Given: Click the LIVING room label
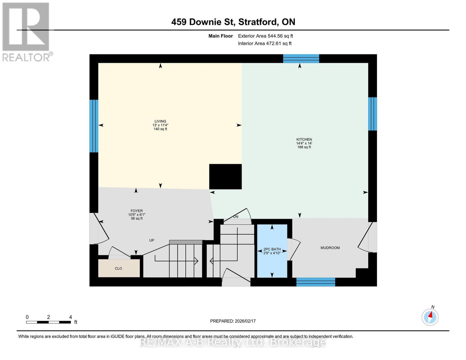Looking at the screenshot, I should point(160,121).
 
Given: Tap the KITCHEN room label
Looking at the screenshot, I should point(304,139).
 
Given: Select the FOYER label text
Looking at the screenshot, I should point(137,211).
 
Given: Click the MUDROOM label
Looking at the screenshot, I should point(330,248).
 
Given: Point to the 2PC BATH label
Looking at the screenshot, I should point(272,249).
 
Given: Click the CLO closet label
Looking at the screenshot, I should point(119,268).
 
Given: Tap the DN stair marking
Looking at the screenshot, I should point(236,217).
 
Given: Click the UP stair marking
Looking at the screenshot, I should point(152,240).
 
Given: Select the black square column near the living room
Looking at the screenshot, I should point(225,177).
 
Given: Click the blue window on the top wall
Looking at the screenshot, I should point(301,58).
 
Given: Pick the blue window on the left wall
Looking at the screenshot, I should point(94,126).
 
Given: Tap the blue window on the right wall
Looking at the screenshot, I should point(372,114).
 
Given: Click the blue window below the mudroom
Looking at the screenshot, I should point(316,282).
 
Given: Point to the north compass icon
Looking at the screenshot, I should point(430,317).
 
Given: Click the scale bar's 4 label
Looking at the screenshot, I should point(71,317).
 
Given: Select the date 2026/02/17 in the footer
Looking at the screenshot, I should point(245,321).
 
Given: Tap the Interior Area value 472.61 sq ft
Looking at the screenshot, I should point(279,43).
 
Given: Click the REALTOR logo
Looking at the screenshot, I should point(26,32).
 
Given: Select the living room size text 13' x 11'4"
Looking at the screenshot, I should point(160,125).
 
